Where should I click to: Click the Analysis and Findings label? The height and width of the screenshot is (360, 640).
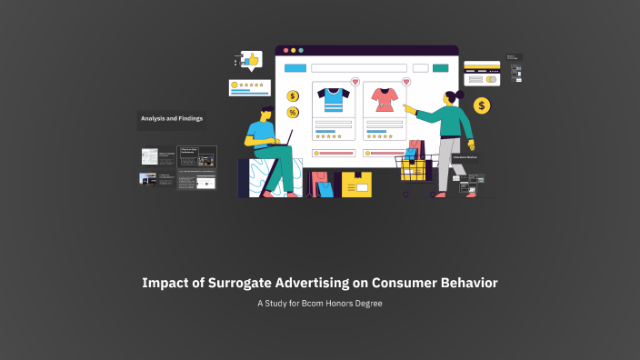(x=171, y=118)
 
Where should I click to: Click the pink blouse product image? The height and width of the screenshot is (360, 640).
(x=382, y=99)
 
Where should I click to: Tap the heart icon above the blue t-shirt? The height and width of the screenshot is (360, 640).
(x=355, y=82)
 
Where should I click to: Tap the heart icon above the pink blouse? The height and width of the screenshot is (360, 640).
(x=405, y=82)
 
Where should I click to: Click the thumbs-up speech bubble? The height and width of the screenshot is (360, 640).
(x=251, y=60)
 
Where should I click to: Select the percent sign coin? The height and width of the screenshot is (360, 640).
(x=293, y=113)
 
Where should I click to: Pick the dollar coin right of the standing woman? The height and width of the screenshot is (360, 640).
(x=482, y=106)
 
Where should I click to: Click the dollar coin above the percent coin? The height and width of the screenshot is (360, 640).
(x=293, y=96)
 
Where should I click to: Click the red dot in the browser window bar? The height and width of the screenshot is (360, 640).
(x=285, y=51)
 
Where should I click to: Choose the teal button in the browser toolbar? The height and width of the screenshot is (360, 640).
(x=441, y=68)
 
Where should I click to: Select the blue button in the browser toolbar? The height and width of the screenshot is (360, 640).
(x=295, y=68)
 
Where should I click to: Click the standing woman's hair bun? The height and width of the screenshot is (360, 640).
(x=460, y=95)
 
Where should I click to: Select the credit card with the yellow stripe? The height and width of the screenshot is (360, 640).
(x=482, y=66)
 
